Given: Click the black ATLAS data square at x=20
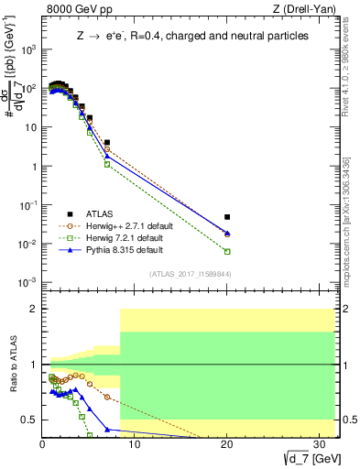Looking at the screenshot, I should (227, 217).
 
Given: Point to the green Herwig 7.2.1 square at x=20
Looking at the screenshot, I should (227, 251).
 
